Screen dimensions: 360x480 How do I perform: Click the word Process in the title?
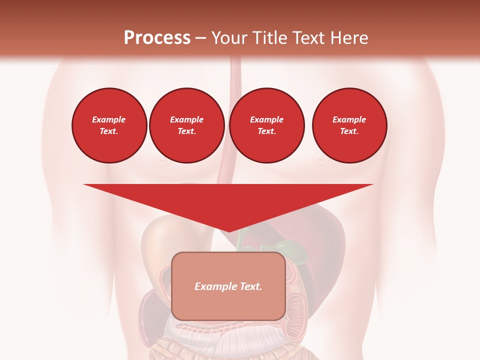tap(157, 38)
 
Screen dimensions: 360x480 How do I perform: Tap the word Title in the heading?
tap(273, 38)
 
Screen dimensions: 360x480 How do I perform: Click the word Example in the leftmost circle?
tap(109, 119)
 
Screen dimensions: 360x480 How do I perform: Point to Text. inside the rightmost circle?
tap(349, 131)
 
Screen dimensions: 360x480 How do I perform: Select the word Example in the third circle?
tap(267, 119)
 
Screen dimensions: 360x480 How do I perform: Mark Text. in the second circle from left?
tap(187, 131)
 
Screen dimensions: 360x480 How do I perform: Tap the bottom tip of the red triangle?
tap(228, 230)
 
